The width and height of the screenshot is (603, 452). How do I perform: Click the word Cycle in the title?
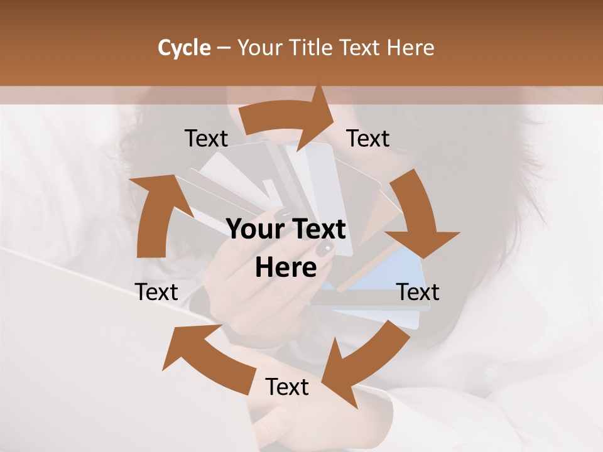click(x=184, y=48)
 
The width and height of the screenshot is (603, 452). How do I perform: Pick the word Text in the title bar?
click(x=362, y=48)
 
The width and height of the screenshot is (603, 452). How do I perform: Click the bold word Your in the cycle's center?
click(x=254, y=230)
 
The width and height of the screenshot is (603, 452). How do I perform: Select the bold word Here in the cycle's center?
click(x=286, y=268)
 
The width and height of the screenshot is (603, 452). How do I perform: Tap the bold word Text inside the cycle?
click(x=317, y=230)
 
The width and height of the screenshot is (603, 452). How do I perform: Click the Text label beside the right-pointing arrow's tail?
click(x=206, y=139)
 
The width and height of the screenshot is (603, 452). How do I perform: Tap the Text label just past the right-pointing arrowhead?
click(x=368, y=139)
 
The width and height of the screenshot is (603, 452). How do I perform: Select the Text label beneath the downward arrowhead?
click(x=418, y=292)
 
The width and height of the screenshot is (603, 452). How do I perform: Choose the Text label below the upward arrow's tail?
click(x=156, y=292)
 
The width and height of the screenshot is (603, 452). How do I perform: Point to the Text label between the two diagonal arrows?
click(x=287, y=387)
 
